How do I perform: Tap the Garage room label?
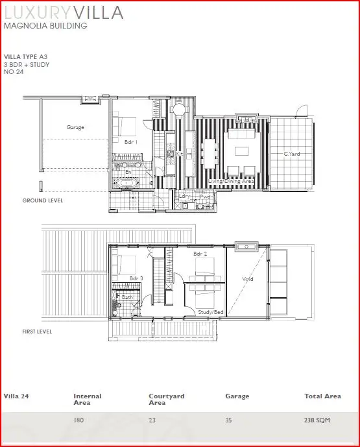75,128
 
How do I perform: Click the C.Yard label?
292,154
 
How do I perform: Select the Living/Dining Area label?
231,183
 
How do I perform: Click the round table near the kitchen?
178,110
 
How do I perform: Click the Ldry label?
187,197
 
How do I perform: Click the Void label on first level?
247,280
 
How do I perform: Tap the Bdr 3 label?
136,278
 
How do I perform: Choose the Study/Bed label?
211,311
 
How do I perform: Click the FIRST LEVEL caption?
36,332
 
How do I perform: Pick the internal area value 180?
78,420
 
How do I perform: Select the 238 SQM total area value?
317,420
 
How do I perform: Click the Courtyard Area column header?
167,399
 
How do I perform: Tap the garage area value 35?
228,420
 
